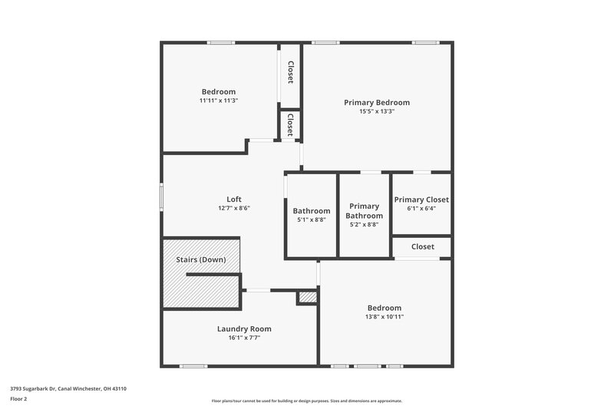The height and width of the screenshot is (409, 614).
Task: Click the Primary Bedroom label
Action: click(x=376, y=102)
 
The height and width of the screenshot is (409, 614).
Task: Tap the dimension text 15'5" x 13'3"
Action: click(x=376, y=111)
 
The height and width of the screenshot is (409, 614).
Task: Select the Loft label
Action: click(x=233, y=199)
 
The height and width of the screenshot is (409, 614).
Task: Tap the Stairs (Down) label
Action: click(x=201, y=259)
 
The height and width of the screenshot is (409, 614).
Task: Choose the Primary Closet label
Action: click(x=421, y=200)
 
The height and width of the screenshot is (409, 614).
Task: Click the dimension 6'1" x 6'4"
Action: click(x=421, y=208)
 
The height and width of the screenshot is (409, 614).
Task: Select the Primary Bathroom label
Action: click(x=365, y=211)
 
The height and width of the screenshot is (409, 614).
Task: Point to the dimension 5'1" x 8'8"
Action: click(x=311, y=219)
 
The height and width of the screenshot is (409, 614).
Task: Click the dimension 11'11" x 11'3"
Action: click(x=219, y=101)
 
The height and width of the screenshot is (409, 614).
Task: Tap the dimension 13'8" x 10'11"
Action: click(x=385, y=316)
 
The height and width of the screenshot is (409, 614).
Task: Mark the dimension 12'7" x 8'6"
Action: click(x=233, y=208)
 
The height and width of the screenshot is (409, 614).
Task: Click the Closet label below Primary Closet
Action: click(x=422, y=246)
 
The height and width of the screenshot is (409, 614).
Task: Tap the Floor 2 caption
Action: click(x=18, y=399)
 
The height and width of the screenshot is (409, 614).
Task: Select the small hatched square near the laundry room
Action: click(x=307, y=297)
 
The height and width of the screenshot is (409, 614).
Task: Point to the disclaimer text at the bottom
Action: click(x=306, y=401)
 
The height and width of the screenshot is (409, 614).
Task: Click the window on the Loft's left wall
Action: click(x=161, y=195)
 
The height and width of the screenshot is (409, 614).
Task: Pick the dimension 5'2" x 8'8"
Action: click(x=365, y=225)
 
